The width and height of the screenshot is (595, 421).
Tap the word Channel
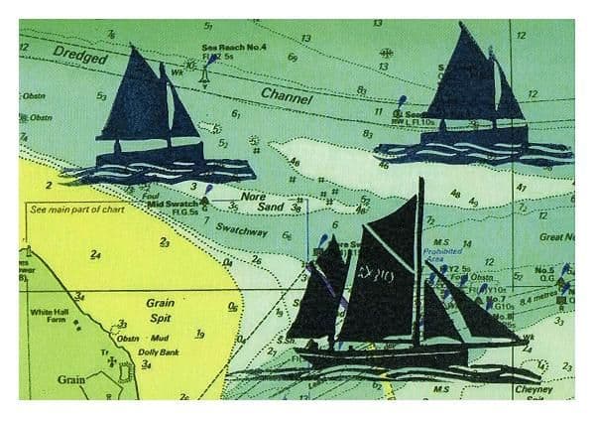pyautogui.click(x=287, y=96)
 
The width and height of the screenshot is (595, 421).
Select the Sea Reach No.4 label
pyautogui.click(x=228, y=47)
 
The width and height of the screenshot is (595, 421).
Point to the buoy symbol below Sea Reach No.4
pyautogui.click(x=204, y=74)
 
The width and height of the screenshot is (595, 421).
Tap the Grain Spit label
pyautogui.click(x=161, y=307)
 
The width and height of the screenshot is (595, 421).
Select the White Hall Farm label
pyautogui.click(x=50, y=316)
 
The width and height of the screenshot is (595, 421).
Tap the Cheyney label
pyautogui.click(x=535, y=390)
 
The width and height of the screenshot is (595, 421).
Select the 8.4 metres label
pyautogui.click(x=540, y=295)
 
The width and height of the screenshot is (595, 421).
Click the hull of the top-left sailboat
pyautogui.click(x=149, y=153)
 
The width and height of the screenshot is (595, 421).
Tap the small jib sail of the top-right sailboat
pyautogui.click(x=509, y=95)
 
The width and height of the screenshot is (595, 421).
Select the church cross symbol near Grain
pyautogui.click(x=110, y=377)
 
